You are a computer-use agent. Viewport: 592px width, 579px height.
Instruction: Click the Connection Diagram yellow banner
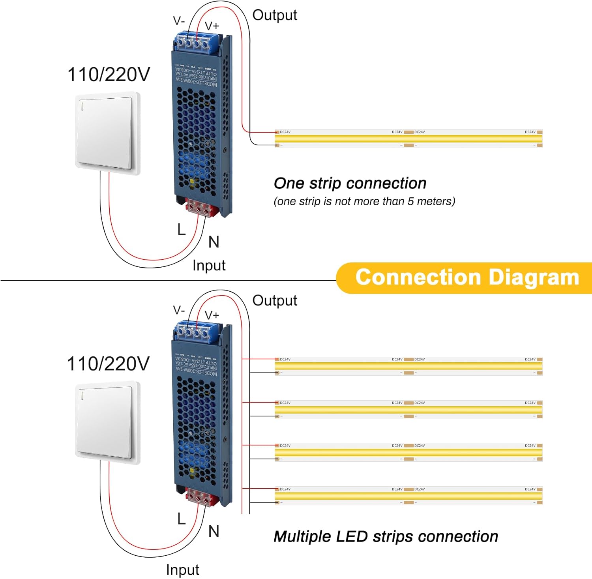pyautogui.click(x=466, y=277)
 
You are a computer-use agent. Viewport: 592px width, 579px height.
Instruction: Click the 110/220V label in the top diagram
pyautogui.click(x=109, y=75)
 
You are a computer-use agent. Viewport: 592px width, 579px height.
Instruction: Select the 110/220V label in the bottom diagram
pyautogui.click(x=109, y=364)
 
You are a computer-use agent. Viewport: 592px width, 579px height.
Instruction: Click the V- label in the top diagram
pyautogui.click(x=179, y=21)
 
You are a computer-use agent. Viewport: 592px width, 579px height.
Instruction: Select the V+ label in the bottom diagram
pyautogui.click(x=212, y=315)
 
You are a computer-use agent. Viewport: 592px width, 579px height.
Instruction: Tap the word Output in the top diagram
pyautogui.click(x=275, y=15)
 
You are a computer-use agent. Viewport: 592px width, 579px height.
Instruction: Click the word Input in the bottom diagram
pyautogui.click(x=182, y=570)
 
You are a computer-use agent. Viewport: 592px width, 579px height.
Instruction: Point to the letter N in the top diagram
pyautogui.click(x=214, y=242)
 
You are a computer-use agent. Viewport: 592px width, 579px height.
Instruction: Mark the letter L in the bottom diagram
pyautogui.click(x=181, y=519)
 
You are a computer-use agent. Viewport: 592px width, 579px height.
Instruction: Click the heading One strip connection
pyautogui.click(x=350, y=183)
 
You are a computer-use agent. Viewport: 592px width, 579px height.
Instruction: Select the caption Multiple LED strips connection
pyautogui.click(x=386, y=536)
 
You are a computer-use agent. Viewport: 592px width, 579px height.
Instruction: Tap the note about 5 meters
pyautogui.click(x=364, y=201)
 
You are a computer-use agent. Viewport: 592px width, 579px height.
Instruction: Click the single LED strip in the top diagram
pyautogui.click(x=408, y=139)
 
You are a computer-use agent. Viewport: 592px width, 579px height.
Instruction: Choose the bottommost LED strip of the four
pyautogui.click(x=408, y=496)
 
